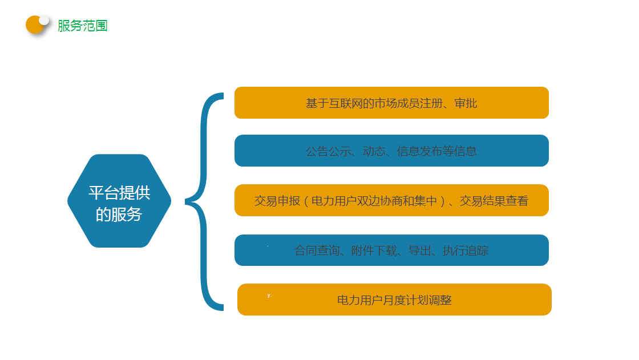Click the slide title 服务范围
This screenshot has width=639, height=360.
pos(82,26)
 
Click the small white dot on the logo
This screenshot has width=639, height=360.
pos(44,20)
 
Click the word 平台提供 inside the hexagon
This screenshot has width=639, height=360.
pos(119,193)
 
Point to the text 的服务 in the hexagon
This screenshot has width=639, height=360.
pos(119,215)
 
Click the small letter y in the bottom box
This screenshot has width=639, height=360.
pos(269,295)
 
